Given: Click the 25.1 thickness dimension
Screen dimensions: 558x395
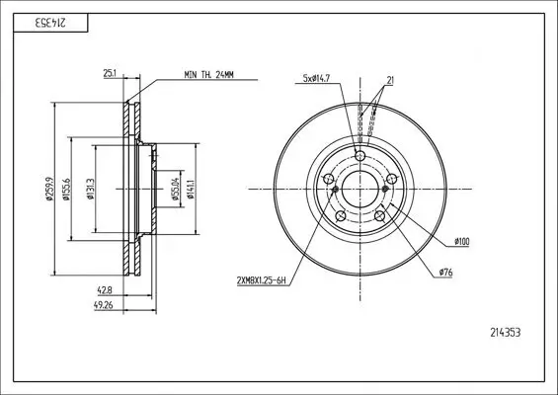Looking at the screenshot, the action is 110,73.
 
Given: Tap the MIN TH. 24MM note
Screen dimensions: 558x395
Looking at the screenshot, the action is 209,75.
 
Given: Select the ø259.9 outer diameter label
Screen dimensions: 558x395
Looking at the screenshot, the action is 49,189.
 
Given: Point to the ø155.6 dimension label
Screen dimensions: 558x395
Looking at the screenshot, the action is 66,189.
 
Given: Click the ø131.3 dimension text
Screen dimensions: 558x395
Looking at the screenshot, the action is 91,189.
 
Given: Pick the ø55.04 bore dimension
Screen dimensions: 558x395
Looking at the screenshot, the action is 175,189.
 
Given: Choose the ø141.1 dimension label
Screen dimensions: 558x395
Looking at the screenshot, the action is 191,189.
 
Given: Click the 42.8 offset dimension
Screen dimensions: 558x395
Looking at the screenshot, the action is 105,290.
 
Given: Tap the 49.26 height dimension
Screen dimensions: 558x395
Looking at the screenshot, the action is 103,305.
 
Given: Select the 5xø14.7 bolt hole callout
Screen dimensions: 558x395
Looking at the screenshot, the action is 316,79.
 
